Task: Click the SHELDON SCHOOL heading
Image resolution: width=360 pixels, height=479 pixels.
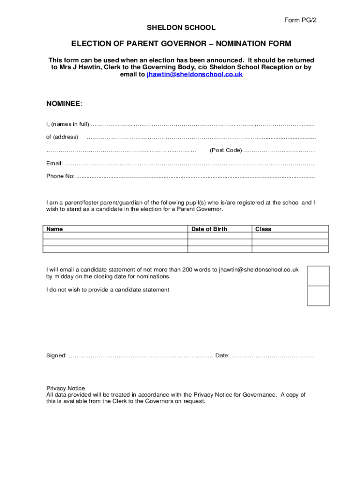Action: coord(181,28)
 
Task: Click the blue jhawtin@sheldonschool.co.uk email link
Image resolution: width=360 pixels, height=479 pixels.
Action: coord(194,74)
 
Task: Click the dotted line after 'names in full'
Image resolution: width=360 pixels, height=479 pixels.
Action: coord(202,124)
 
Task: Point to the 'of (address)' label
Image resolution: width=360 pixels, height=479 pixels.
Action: coord(62,137)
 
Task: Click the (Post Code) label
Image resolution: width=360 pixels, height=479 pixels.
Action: coord(225,150)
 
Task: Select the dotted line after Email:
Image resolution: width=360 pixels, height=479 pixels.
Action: coord(190,163)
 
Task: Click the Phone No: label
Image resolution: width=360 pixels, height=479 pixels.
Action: coord(60,176)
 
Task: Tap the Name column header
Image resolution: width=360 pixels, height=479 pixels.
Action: coord(55,229)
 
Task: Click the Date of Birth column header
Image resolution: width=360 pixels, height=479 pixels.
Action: coord(209,229)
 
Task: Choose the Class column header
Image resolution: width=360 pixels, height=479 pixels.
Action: coord(263,229)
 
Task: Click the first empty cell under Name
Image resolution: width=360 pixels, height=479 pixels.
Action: coord(115,236)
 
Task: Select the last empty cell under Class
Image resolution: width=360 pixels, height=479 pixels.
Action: coord(290,249)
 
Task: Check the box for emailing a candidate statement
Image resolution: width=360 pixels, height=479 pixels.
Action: coord(318,276)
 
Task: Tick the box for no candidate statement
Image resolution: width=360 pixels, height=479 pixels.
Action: coord(318,296)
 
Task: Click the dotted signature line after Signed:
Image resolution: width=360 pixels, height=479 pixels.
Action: coord(140,356)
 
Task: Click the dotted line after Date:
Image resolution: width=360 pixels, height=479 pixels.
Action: coord(272,356)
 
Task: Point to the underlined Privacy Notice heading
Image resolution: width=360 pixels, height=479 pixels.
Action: coord(65,388)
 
